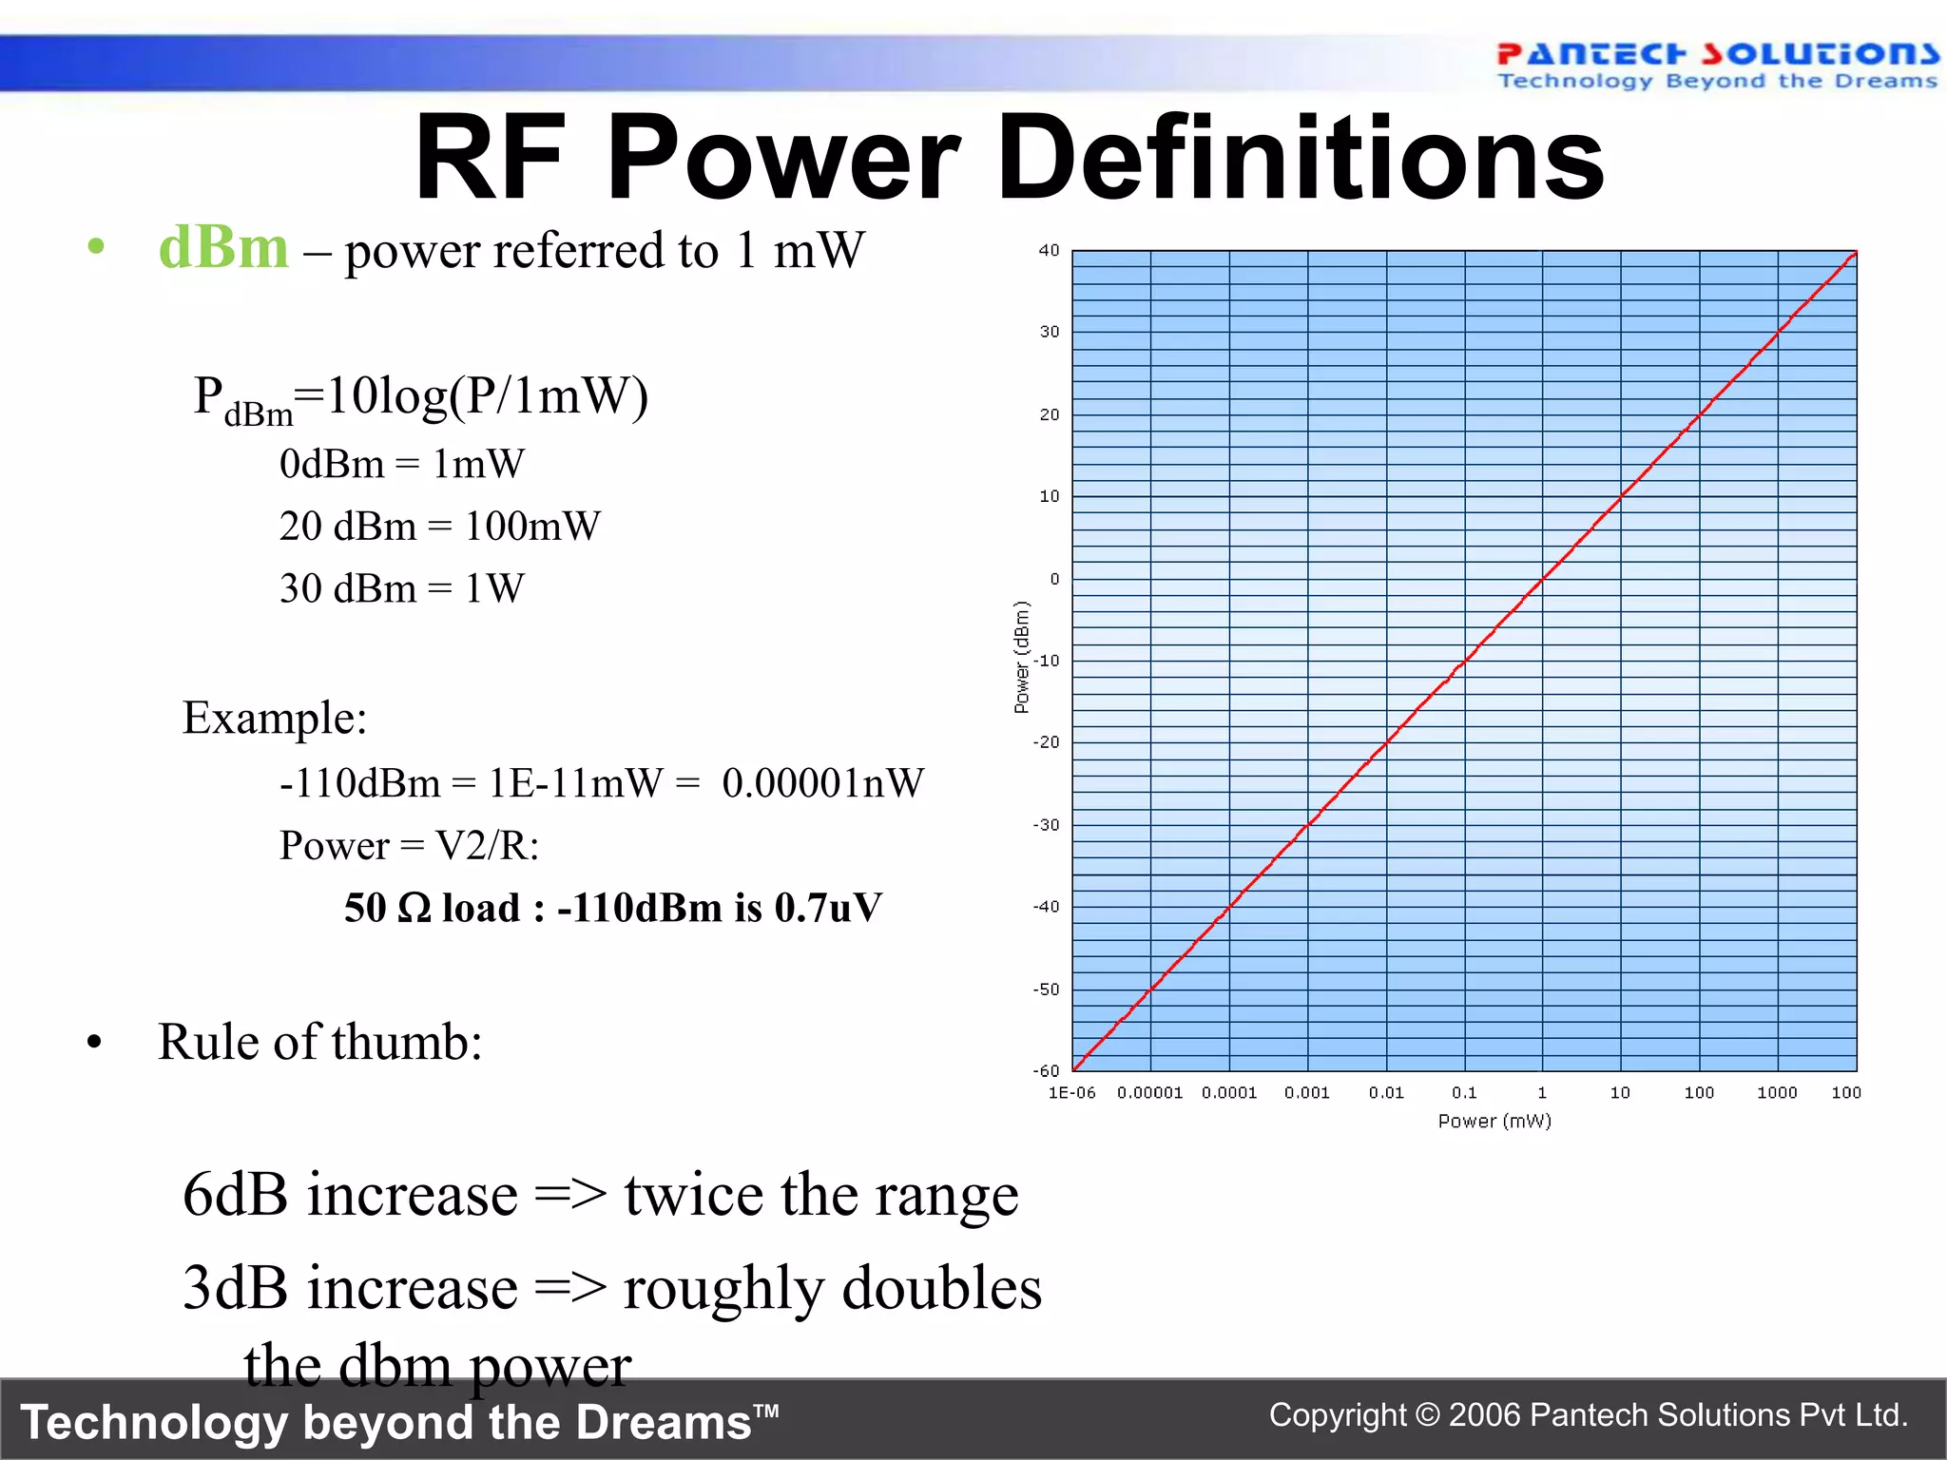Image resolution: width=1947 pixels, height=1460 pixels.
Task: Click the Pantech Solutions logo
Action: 1716,65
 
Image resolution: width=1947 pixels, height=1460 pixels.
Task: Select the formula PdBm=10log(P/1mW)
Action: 420,397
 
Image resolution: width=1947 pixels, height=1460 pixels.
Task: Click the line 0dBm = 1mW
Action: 401,464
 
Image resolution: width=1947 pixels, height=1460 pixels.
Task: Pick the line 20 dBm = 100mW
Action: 439,526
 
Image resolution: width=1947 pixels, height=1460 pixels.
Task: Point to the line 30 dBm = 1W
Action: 401,588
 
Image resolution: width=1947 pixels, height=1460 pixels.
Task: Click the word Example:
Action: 275,718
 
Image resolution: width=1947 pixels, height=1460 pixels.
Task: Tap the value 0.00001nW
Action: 822,783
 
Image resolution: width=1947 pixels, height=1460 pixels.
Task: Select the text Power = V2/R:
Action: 409,845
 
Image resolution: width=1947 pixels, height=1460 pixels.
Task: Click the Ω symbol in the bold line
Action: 414,909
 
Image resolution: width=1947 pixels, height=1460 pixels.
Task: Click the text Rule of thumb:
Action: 319,1042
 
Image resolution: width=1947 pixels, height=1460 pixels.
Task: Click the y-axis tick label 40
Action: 1049,250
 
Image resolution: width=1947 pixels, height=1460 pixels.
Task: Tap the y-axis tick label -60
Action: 1046,1070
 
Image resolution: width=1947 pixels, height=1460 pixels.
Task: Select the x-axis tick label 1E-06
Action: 1071,1093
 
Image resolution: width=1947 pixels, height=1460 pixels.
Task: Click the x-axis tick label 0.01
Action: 1386,1093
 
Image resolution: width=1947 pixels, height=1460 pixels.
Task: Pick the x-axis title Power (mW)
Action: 1494,1122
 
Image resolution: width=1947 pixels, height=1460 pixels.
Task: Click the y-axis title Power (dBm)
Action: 1022,657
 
